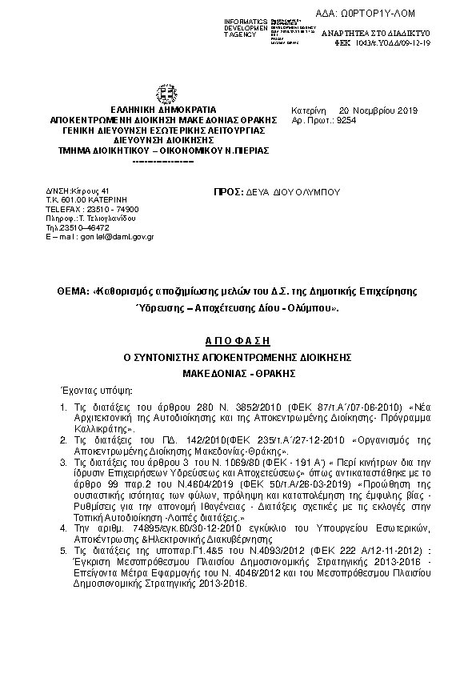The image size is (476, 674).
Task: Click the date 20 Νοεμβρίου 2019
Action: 373,110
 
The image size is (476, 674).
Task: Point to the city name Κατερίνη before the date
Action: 307,110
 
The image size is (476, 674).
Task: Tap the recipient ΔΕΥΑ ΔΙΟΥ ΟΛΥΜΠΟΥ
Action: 295,192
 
